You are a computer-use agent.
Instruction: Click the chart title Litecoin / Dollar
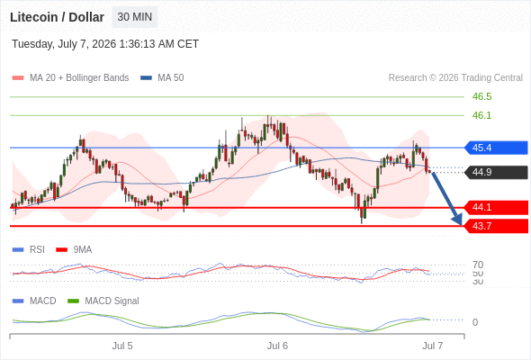(x=57, y=17)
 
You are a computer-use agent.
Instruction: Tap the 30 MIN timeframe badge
(x=135, y=17)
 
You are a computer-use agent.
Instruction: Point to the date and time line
(x=105, y=44)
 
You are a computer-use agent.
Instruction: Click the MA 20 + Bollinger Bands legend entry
(x=70, y=78)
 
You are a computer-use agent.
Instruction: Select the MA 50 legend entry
(x=162, y=78)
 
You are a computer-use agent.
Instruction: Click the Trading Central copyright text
(x=455, y=78)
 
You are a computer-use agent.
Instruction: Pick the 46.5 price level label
(x=481, y=96)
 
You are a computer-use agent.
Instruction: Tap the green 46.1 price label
(x=481, y=115)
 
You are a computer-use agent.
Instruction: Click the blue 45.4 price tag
(x=496, y=148)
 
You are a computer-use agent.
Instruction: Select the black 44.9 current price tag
(x=496, y=172)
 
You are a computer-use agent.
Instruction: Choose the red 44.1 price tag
(x=496, y=207)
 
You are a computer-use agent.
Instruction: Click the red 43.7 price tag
(x=496, y=226)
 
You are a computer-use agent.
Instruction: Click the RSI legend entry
(x=29, y=249)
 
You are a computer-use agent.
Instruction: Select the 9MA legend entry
(x=74, y=249)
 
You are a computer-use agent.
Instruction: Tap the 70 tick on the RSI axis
(x=478, y=265)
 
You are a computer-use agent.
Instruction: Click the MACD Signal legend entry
(x=103, y=301)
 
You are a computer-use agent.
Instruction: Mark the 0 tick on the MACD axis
(x=475, y=322)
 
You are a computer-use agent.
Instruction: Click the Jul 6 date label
(x=277, y=346)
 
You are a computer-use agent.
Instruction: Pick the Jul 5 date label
(x=122, y=346)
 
